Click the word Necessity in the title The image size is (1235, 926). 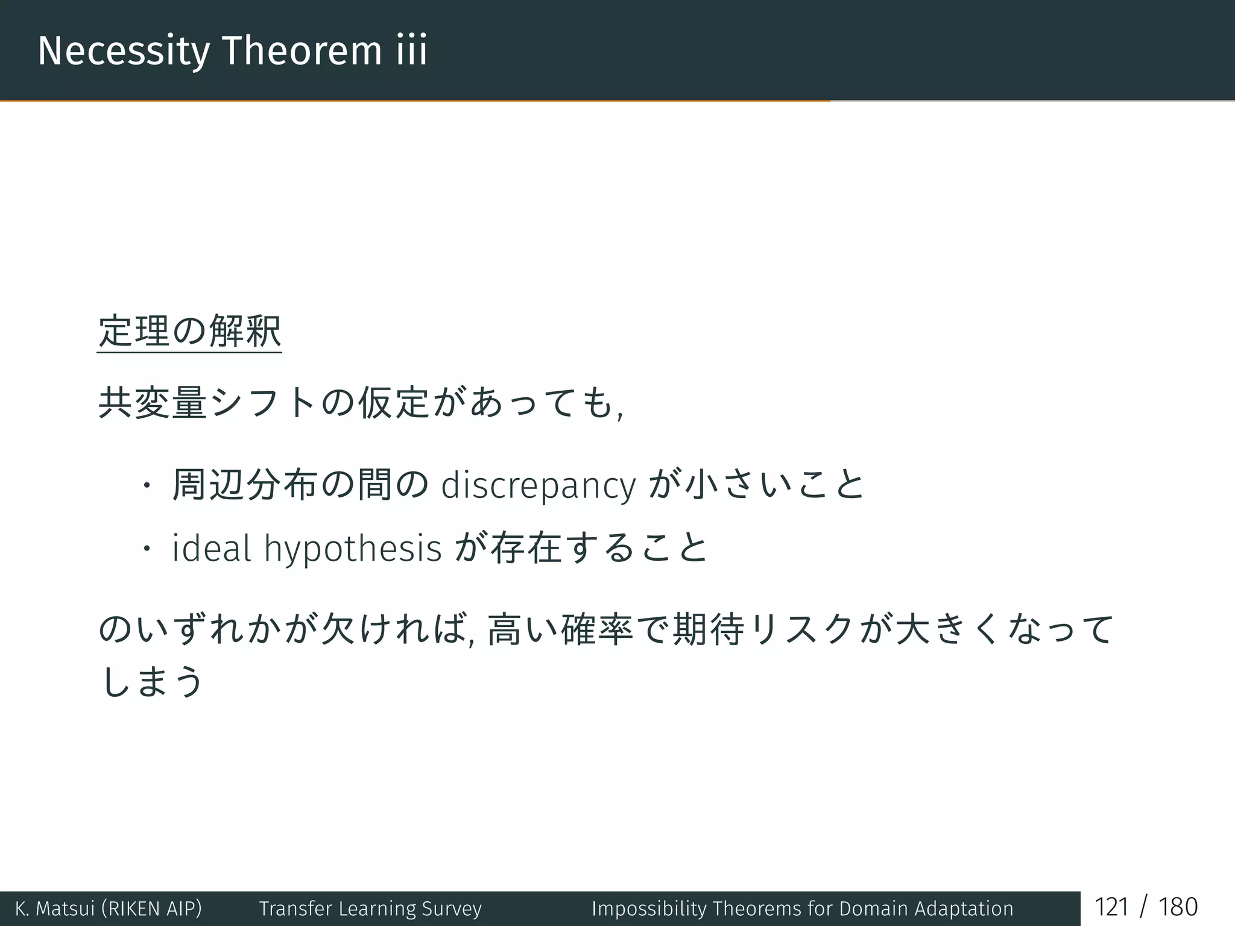coord(124,51)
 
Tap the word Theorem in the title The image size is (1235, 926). coord(302,51)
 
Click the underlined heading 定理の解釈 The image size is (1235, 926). coord(189,332)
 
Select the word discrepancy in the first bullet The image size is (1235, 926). coord(539,486)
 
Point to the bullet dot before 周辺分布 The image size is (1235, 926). coord(145,486)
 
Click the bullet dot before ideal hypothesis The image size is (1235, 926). coord(145,549)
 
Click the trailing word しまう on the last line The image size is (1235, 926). coord(153,681)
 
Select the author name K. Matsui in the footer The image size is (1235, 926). coord(55,909)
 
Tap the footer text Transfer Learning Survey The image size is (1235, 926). coord(370,909)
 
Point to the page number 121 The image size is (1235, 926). coord(1111,907)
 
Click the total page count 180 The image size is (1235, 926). coord(1178,907)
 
